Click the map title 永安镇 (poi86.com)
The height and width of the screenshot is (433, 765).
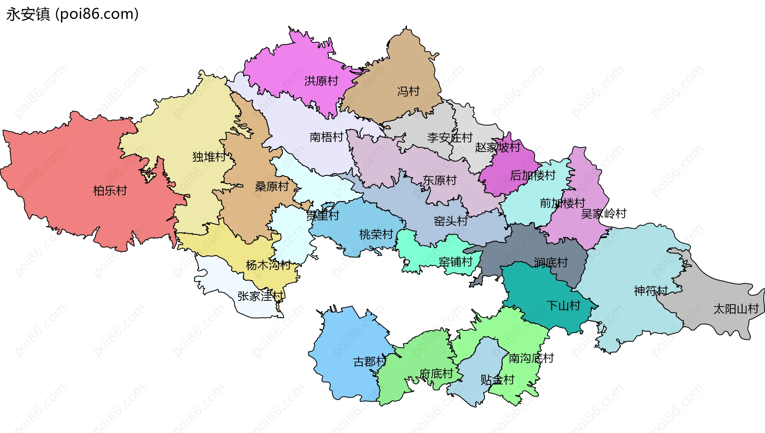72,14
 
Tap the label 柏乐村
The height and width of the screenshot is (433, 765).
110,191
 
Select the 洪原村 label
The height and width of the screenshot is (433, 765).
321,81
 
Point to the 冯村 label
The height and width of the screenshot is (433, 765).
408,92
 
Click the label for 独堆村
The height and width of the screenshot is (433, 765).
209,157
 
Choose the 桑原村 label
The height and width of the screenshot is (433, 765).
272,186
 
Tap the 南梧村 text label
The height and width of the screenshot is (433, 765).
326,137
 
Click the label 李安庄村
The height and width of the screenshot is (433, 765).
450,138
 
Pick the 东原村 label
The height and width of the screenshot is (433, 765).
439,180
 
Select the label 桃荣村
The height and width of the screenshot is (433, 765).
376,235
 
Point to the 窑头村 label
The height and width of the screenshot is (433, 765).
451,221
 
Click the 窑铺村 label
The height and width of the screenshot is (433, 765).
455,262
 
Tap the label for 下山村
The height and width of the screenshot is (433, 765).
563,306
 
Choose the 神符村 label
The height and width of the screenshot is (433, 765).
651,291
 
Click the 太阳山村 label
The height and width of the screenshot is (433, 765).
736,309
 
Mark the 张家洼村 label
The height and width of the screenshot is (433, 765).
261,296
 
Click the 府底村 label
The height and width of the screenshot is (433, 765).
436,374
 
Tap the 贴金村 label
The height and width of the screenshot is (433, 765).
497,380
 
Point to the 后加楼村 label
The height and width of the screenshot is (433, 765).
533,175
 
